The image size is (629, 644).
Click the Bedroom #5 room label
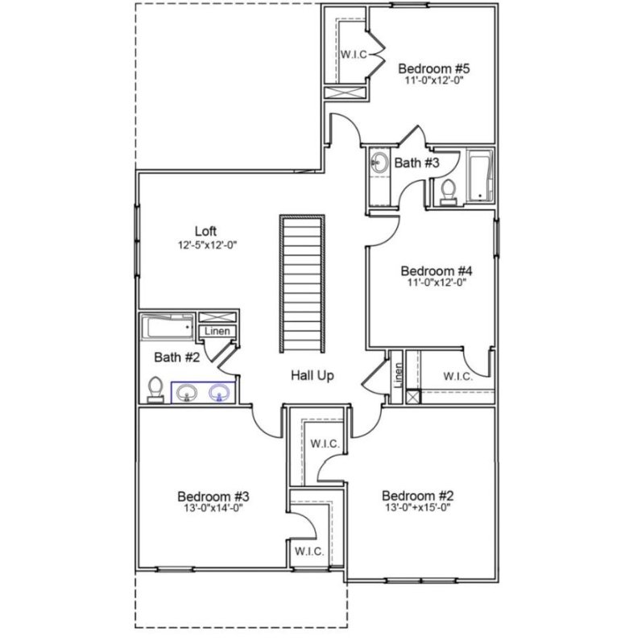coord(435,68)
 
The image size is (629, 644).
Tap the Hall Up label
coord(312,376)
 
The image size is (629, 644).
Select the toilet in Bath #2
coord(156,390)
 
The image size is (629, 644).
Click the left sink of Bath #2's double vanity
coord(188,393)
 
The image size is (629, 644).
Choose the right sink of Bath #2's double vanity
coord(219,393)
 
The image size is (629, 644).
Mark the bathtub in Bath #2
coord(168,327)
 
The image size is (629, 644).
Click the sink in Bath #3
coord(379,164)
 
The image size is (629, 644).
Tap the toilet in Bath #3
coord(449,190)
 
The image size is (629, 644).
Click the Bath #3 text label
coord(416,163)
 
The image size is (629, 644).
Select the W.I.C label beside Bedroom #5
coord(354,54)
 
